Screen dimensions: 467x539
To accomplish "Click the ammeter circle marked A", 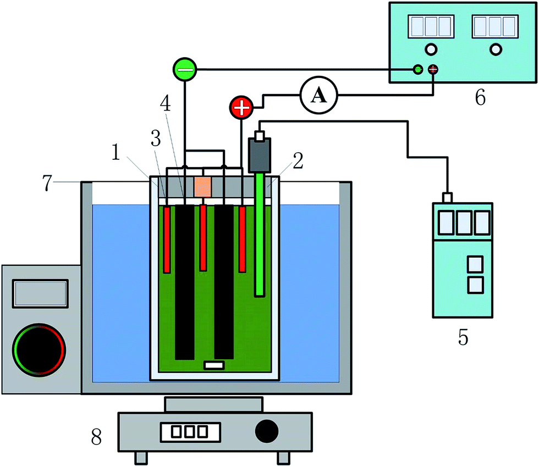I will [x=318, y=96].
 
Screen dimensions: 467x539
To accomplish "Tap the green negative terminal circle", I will [x=185, y=70].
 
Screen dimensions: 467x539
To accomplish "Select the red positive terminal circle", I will [x=241, y=107].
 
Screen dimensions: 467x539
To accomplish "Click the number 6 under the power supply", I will [x=480, y=97].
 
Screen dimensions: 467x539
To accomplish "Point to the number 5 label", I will [x=464, y=337].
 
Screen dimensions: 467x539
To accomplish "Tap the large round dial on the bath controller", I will [x=40, y=349].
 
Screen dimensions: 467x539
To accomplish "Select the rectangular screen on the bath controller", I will [x=41, y=293].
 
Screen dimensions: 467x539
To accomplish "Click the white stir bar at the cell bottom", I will [x=213, y=365].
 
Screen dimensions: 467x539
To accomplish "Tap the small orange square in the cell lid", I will [x=202, y=187].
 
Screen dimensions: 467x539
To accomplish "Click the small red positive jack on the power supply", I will [x=433, y=69].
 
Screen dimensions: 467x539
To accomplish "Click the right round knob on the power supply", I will [x=496, y=49].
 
